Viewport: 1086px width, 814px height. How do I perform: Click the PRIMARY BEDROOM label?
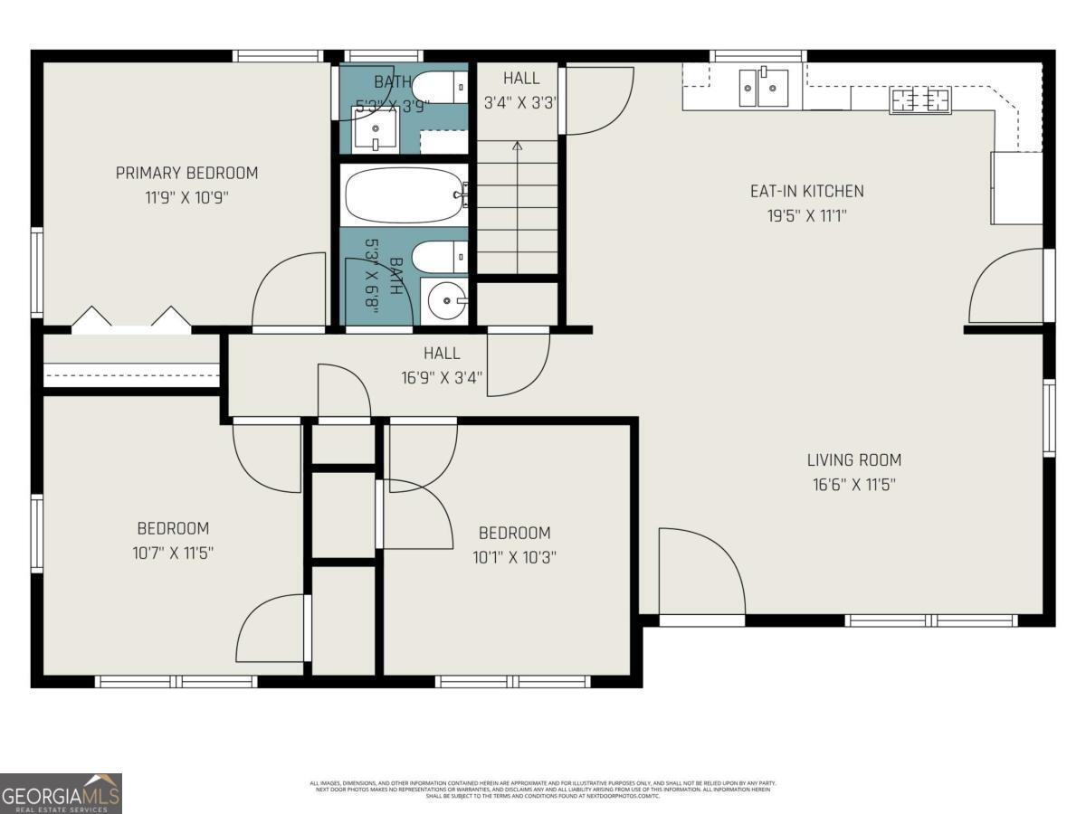point(186,173)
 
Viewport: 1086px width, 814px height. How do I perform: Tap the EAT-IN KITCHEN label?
point(806,191)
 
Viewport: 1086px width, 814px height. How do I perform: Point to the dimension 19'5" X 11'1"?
point(806,215)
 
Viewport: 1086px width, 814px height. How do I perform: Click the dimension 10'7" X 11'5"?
point(173,552)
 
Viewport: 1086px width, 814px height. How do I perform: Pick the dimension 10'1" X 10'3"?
point(514,556)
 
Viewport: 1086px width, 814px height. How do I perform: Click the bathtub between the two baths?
point(404,194)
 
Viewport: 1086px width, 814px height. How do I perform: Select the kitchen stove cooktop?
point(920,100)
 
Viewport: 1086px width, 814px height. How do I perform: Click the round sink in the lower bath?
point(445,301)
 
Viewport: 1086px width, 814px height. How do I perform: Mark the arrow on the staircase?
point(518,146)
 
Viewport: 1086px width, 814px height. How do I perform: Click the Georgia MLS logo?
point(61,793)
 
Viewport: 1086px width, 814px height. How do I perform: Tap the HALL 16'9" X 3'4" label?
point(442,365)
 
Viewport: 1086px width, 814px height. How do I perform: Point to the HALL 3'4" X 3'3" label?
point(520,90)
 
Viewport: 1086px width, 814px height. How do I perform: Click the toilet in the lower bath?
point(439,256)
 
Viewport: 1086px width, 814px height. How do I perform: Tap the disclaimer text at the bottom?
point(543,789)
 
